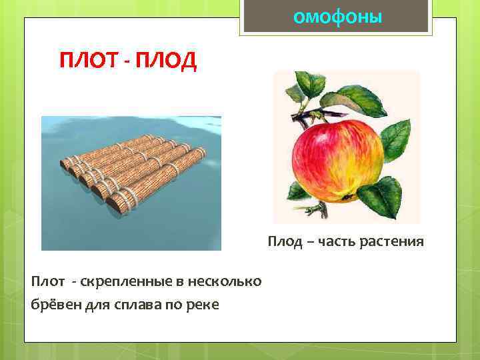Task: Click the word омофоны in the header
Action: tap(337, 16)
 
